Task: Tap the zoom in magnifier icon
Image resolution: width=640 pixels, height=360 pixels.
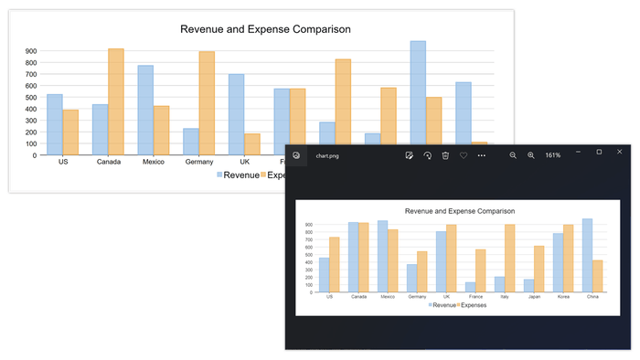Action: pos(530,155)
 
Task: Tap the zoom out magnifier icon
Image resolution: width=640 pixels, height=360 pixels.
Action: pos(513,155)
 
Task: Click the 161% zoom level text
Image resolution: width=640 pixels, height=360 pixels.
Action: pos(552,155)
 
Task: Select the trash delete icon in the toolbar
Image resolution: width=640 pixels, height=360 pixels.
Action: pos(445,155)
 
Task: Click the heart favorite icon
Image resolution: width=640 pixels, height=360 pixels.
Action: pos(464,155)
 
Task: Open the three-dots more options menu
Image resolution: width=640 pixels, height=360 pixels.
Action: pos(482,155)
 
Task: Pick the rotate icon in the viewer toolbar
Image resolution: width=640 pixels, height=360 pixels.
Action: pos(427,155)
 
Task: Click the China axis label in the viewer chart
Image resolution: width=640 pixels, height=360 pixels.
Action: pos(592,297)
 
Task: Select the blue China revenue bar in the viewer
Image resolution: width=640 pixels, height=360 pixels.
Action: pos(588,255)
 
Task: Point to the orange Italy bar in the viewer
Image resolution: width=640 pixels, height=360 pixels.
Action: pos(510,258)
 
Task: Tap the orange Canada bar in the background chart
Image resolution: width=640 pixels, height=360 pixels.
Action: pos(115,101)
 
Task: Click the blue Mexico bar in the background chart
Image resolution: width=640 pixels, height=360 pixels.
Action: pos(145,110)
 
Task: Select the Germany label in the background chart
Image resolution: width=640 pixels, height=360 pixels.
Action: pos(198,162)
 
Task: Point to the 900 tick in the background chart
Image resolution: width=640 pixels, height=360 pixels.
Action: pos(31,52)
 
